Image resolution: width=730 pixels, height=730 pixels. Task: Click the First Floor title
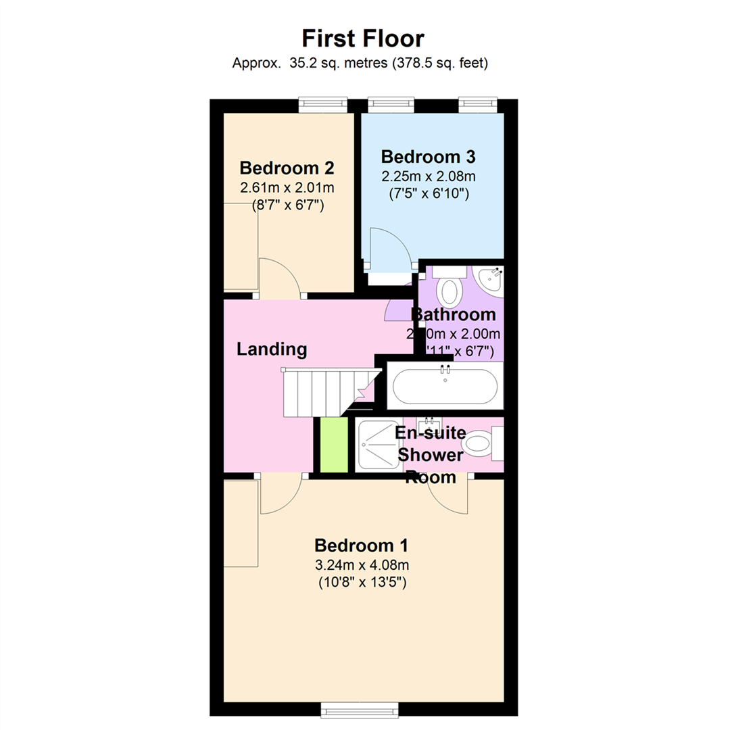point(362,38)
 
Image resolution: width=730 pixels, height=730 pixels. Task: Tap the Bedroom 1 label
point(361,545)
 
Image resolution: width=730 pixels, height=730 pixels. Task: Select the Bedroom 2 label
point(287,168)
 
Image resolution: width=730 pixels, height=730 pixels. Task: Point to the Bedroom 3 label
point(429,157)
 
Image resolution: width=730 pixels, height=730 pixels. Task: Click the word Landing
point(272,349)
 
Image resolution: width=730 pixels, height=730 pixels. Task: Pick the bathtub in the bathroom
point(445,386)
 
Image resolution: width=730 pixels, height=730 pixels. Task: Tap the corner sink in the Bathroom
point(490,278)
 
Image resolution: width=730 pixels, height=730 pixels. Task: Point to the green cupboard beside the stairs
point(333,445)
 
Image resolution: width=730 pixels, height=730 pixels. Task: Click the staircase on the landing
point(318,393)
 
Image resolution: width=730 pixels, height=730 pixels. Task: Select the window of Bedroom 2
point(322,105)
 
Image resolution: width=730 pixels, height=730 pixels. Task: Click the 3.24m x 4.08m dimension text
point(362,564)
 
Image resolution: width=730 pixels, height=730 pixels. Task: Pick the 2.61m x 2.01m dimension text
point(287,187)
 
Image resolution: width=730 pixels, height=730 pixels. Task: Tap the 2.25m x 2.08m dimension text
point(429,176)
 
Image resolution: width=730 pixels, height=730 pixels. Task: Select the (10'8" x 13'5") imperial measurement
point(362,582)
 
